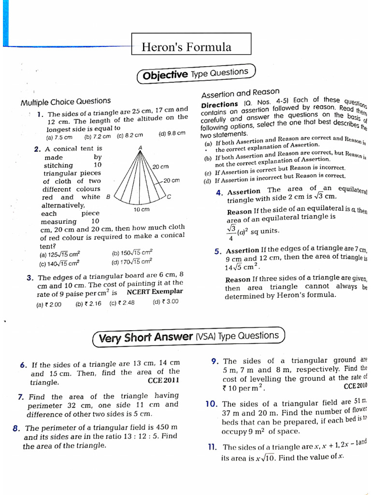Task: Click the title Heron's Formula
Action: click(186, 47)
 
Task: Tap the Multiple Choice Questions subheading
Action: click(65, 101)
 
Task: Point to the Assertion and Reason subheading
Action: click(240, 93)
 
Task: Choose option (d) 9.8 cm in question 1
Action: click(171, 134)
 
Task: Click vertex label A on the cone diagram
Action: click(140, 147)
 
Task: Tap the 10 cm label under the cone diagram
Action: click(142, 209)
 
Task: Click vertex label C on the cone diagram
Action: click(169, 197)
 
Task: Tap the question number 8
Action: click(16, 428)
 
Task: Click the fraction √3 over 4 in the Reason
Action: click(230, 233)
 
